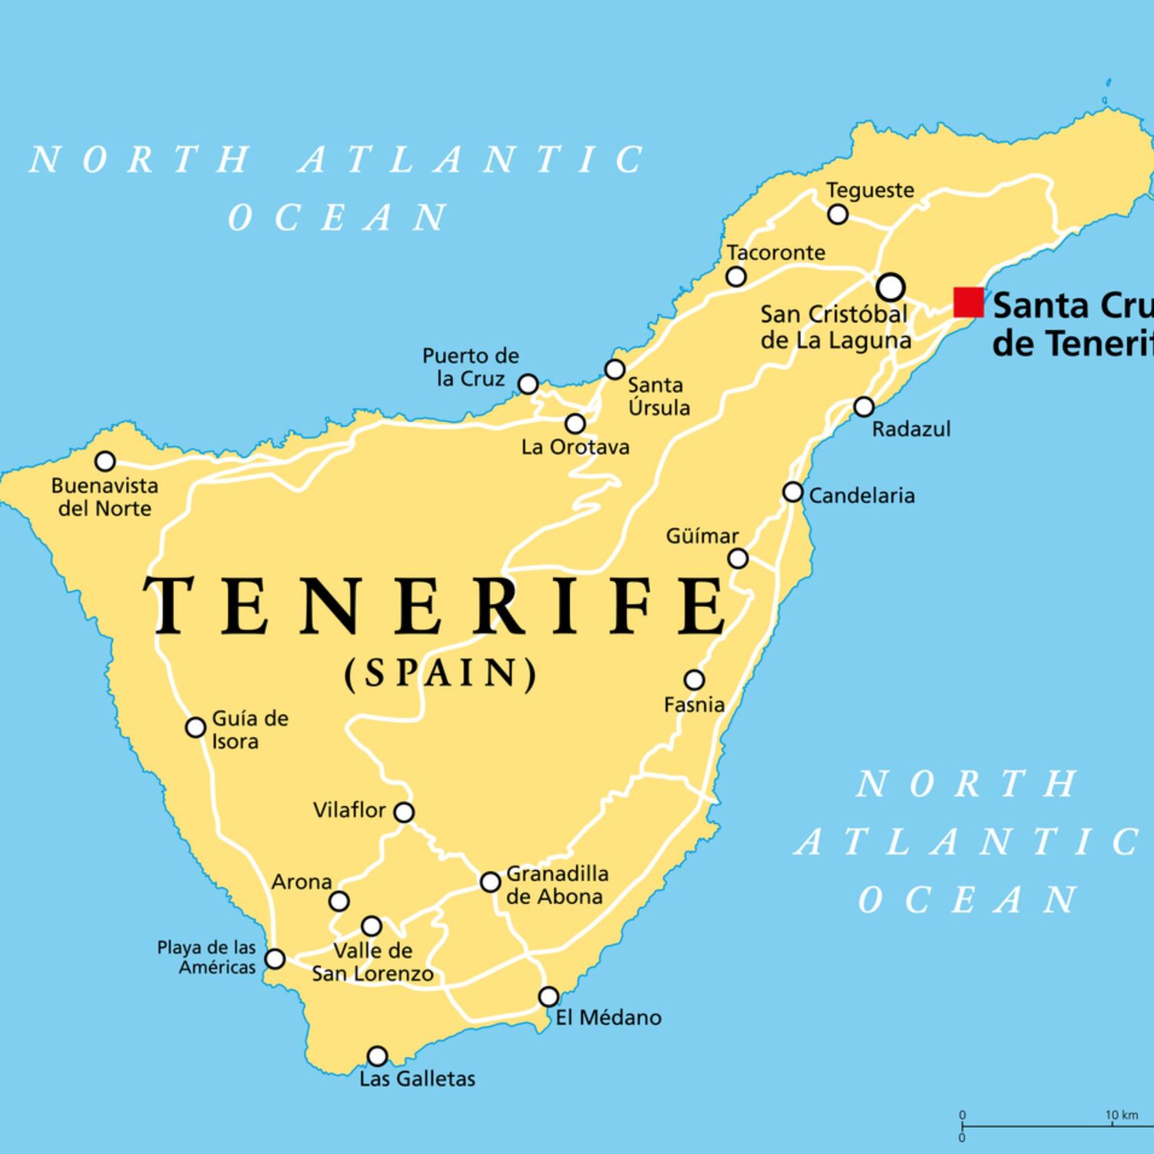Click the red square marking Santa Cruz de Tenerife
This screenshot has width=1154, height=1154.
point(968,302)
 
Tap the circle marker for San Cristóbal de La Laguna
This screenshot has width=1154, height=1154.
point(890,287)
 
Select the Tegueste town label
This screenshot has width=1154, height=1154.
point(870,190)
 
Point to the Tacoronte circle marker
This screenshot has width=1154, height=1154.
point(736,277)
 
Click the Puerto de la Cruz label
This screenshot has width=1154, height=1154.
point(471,367)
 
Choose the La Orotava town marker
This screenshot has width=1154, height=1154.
point(575,423)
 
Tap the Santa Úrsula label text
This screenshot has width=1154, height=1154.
point(659,396)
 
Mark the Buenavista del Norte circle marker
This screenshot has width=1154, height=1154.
point(105,462)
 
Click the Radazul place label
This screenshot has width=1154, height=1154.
point(911,429)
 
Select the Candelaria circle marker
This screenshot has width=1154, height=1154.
point(792,492)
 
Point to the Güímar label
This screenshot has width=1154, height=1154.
point(702,535)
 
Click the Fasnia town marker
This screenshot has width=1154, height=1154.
point(694,680)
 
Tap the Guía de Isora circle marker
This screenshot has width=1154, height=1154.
point(196,727)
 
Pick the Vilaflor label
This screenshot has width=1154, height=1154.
point(349,810)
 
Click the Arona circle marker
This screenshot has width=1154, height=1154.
point(339,901)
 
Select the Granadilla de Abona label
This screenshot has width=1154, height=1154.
point(556,886)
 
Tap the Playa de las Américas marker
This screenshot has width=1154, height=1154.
point(275,959)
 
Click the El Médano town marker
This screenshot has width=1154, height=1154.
point(548,997)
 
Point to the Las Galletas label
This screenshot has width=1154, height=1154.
point(417,1079)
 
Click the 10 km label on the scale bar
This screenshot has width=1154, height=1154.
point(1121,1115)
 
